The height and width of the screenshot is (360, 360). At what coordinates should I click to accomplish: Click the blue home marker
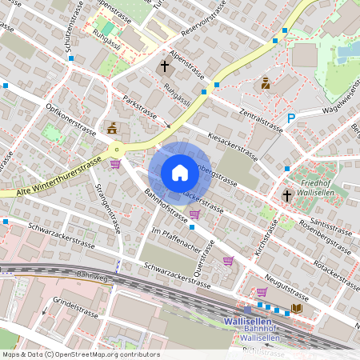pyautogui.click(x=180, y=173)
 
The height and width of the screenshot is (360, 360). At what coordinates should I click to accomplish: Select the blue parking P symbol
pyautogui.click(x=291, y=118)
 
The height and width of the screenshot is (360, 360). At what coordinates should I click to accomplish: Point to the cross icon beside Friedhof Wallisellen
pyautogui.click(x=287, y=195)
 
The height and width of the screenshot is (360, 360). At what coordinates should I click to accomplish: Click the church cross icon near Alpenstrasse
pyautogui.click(x=166, y=66)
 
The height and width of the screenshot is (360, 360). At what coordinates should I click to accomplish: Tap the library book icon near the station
pyautogui.click(x=297, y=308)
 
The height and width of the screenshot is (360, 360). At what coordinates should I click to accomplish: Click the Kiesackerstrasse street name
pyautogui.click(x=231, y=147)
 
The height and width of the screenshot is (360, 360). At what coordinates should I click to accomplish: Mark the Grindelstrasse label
pyautogui.click(x=74, y=307)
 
